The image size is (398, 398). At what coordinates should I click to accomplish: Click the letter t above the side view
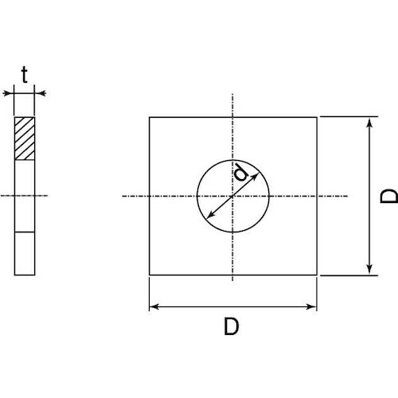[x=25, y=76]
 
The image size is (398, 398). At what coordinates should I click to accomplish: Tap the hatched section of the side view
[x=25, y=139]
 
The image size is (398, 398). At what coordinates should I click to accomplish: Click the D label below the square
[x=232, y=327]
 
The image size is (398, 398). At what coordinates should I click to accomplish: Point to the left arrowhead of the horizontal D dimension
[x=153, y=306]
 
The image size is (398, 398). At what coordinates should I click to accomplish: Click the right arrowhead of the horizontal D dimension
[x=314, y=306]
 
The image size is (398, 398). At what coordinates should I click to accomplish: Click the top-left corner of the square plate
[x=150, y=118]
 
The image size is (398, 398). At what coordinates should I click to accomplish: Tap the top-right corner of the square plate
[x=317, y=118]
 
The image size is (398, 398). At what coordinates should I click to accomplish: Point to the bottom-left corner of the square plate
[x=150, y=275]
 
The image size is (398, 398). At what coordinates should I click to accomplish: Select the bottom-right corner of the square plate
[x=317, y=275]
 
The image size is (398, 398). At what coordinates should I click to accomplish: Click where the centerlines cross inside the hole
[x=232, y=196]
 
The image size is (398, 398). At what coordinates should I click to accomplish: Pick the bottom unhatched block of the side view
[x=25, y=253]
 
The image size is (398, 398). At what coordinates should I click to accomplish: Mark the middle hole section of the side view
[x=25, y=196]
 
